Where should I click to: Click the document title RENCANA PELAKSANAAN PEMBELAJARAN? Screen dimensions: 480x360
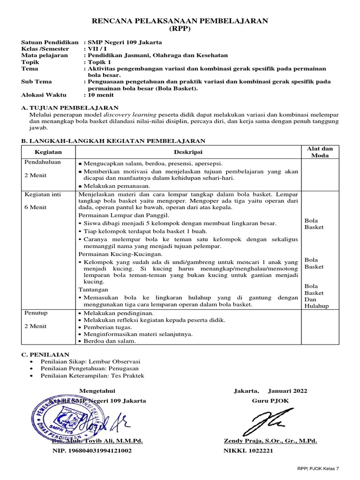(180, 21)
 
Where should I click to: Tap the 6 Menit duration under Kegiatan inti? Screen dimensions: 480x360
(36, 207)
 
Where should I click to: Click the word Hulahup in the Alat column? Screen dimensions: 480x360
(317, 306)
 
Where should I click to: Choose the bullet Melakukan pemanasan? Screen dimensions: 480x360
(111, 186)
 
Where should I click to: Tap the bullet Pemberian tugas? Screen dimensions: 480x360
(107, 327)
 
